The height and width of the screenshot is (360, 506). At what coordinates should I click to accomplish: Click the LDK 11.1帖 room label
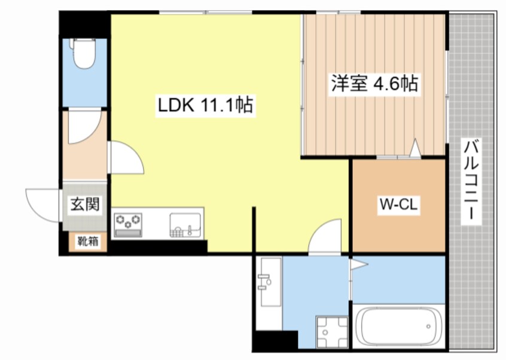click(205, 106)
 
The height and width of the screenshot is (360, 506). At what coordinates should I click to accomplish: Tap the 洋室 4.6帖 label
click(374, 84)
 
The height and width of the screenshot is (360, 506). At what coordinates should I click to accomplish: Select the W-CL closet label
click(398, 205)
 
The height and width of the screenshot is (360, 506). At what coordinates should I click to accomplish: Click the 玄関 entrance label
click(84, 205)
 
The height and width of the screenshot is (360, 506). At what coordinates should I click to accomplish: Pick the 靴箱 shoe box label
click(87, 242)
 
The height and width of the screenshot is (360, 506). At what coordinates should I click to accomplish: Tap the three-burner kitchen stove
click(128, 223)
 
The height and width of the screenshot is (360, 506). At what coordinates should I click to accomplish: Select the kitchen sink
click(186, 224)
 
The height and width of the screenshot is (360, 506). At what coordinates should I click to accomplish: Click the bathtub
click(398, 326)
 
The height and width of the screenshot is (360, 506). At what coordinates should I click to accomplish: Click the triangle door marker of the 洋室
click(415, 147)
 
